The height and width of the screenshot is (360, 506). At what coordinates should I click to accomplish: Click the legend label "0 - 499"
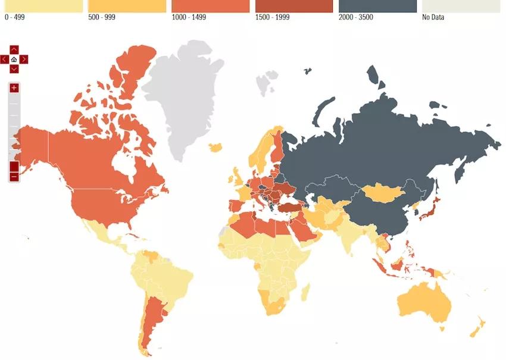[x=15, y=17]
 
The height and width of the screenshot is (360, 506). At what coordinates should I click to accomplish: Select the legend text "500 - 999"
[x=101, y=17]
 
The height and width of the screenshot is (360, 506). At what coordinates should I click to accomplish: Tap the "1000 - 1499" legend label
[x=189, y=17]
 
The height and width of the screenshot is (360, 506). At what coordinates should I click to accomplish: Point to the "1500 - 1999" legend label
[x=273, y=17]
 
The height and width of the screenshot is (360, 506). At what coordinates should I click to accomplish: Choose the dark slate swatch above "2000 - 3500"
[x=377, y=6]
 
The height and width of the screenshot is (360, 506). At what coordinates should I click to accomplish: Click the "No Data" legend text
[x=433, y=17]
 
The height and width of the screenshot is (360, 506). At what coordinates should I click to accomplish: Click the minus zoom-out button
[x=14, y=177]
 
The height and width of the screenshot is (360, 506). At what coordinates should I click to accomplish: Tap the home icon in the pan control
[x=14, y=60]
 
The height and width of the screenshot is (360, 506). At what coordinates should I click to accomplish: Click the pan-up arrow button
[x=14, y=50]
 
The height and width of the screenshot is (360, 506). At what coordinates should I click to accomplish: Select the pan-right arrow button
[x=24, y=60]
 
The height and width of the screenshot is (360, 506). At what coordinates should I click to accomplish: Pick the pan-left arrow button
[x=5, y=60]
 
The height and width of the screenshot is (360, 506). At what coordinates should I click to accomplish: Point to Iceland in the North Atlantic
[x=217, y=146]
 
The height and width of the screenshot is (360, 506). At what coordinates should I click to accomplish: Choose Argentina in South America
[x=154, y=315]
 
